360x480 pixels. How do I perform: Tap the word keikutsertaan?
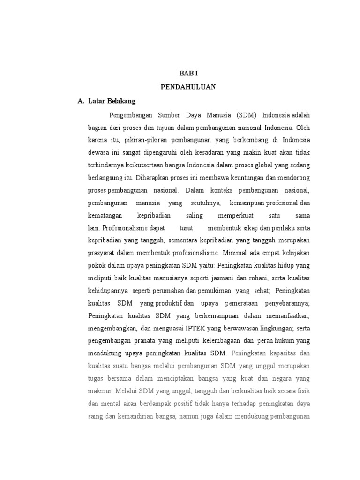pos(145,165)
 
